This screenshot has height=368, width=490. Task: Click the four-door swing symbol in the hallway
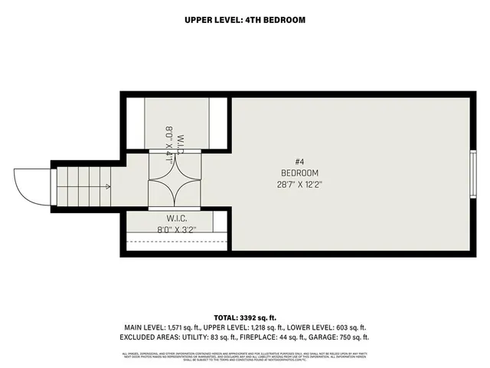[176, 179]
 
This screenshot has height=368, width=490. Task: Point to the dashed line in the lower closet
[176, 242]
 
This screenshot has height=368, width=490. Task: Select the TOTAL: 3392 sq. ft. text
[245, 317]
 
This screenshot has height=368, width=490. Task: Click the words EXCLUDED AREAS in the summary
[150, 337]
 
